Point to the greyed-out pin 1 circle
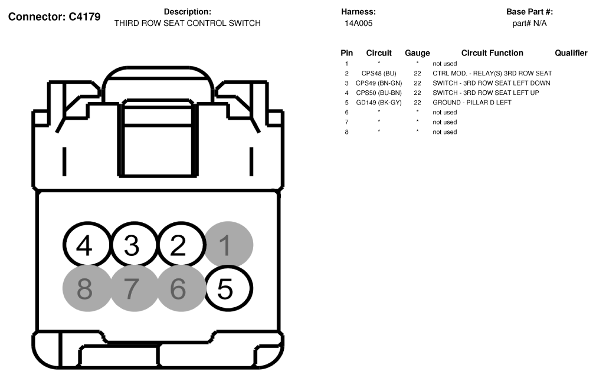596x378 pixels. point(229,244)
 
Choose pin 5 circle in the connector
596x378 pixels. point(229,288)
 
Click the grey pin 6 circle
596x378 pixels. point(181,288)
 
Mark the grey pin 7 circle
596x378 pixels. point(134,288)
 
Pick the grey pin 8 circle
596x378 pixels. point(87,288)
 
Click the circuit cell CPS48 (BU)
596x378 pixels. point(379,73)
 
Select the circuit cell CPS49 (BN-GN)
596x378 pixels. point(379,83)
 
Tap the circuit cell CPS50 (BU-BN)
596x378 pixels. point(379,93)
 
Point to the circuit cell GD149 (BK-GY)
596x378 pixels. point(379,103)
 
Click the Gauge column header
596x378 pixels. point(417,53)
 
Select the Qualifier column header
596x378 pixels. point(571,53)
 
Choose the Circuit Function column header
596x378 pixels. point(492,53)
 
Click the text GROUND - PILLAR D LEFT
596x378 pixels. point(471,103)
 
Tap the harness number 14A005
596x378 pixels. point(358,23)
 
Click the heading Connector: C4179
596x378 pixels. point(54,17)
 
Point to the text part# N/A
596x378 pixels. point(529,24)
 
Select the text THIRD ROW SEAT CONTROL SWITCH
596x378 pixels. point(188,23)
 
